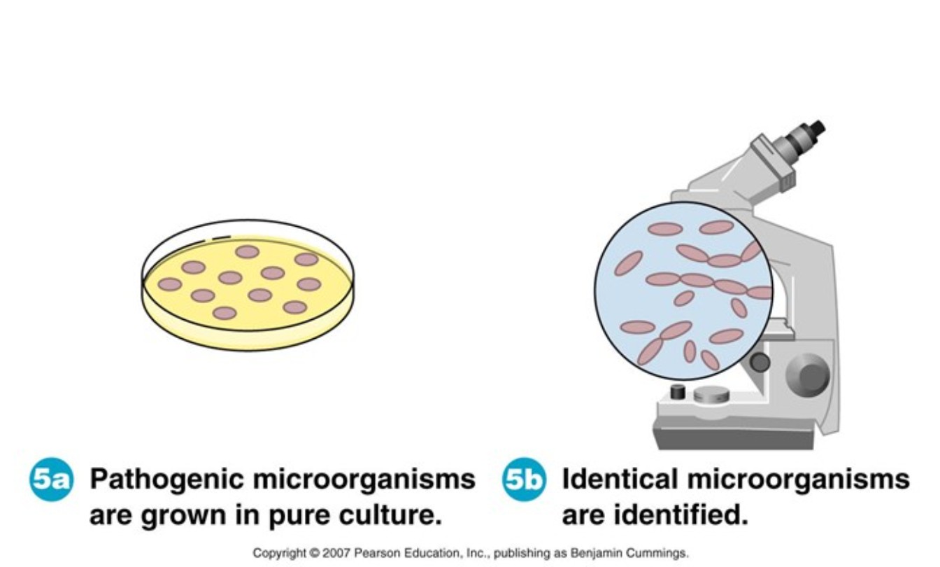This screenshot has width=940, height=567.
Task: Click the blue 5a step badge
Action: coord(51,479)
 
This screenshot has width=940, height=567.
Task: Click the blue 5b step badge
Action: coord(524,479)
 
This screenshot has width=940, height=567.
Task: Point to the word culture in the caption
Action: coord(390,515)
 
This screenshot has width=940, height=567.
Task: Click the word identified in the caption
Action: coord(681,515)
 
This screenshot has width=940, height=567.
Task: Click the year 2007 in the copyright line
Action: coord(336,553)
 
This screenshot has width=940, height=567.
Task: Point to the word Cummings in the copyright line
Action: coord(657,553)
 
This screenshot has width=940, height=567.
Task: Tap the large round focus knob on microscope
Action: coord(808,375)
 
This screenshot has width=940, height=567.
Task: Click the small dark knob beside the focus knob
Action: coord(760,362)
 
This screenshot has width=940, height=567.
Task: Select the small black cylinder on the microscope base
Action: coord(678,392)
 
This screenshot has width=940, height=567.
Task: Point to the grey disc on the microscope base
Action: coord(711,394)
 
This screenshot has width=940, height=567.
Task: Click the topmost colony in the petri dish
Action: coord(247,252)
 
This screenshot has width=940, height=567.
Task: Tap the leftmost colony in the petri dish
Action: coord(170,284)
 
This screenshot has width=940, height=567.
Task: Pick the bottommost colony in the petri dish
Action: coord(225,313)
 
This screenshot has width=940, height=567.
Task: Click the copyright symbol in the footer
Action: coord(314,553)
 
